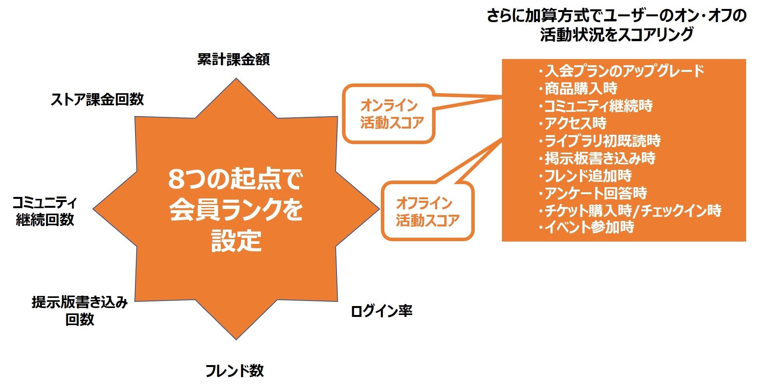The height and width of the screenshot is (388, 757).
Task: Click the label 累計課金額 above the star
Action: click(233, 59)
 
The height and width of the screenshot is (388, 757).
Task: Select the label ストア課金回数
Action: click(97, 99)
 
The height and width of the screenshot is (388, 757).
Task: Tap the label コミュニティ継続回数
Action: click(45, 211)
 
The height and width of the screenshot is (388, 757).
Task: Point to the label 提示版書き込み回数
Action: click(80, 311)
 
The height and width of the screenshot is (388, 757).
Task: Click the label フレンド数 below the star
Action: click(234, 371)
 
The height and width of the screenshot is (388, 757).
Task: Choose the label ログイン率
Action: click(381, 311)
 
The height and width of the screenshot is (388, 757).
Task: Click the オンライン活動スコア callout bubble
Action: click(389, 114)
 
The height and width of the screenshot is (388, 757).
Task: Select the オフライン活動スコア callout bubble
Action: click(427, 212)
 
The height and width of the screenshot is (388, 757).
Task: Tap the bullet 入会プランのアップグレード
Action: click(621, 71)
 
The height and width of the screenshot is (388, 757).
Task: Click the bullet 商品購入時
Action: click(578, 89)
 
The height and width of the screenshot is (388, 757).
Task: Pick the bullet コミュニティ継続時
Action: click(596, 106)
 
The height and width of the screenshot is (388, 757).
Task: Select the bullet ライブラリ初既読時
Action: click(600, 141)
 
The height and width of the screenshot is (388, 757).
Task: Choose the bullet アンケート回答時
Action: click(593, 193)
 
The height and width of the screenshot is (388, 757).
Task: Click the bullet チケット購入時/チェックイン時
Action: click(630, 210)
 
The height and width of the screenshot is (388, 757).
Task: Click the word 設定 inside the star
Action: click(236, 240)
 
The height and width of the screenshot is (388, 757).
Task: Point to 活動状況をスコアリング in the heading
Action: click(616, 35)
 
